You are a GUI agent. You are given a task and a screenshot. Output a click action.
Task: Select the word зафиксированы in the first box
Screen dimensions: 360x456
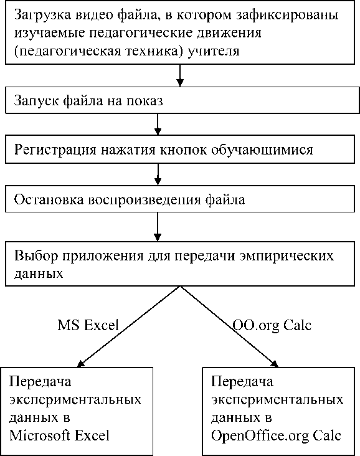287,14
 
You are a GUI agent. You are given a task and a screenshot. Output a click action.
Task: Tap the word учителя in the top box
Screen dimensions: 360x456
214,51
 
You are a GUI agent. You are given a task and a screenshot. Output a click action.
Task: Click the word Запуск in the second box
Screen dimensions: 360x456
36,101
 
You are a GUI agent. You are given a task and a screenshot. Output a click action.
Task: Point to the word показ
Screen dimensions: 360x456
144,102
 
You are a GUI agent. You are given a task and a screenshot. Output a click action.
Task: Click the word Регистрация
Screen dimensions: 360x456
55,150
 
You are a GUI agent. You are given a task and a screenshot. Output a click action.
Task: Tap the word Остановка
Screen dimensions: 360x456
49,200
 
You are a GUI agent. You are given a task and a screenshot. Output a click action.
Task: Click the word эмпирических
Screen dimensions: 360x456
286,256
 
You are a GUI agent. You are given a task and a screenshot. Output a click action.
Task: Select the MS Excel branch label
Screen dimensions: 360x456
88,325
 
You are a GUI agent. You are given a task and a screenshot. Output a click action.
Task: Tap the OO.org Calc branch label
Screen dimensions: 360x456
272,325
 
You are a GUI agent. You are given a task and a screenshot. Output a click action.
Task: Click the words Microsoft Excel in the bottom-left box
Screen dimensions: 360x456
59,435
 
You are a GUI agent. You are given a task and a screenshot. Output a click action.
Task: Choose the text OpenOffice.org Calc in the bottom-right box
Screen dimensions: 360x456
276,436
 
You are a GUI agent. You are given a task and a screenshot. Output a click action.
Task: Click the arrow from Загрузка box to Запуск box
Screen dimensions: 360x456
180,75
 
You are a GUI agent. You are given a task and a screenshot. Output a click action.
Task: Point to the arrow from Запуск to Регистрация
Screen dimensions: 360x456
158,124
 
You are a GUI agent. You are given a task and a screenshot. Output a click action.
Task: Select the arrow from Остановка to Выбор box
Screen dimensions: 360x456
158,227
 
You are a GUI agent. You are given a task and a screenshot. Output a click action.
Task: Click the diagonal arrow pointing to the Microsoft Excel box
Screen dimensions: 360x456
128,326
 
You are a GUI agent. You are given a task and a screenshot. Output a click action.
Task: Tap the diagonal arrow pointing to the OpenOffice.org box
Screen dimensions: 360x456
230,326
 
